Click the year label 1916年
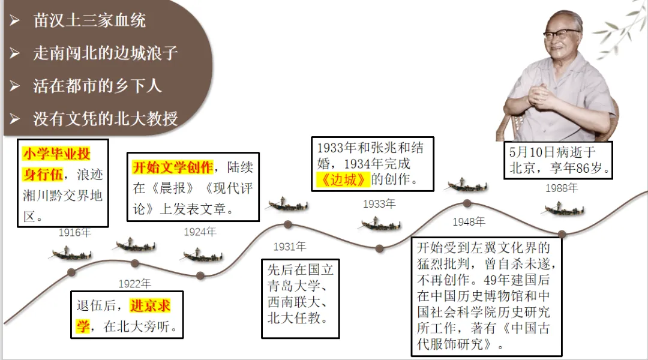click(74, 232)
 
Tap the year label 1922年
click(134, 283)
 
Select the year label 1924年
click(200, 232)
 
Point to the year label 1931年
click(289, 246)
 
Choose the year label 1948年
click(469, 221)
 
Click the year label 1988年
click(562, 188)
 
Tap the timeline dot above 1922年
click(134, 263)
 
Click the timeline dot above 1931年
click(288, 224)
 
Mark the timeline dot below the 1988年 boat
click(562, 234)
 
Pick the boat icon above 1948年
click(467, 184)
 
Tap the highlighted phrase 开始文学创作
click(173, 167)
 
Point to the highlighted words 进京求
click(150, 307)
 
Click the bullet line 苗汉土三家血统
click(89, 21)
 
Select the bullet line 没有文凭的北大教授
click(105, 118)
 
